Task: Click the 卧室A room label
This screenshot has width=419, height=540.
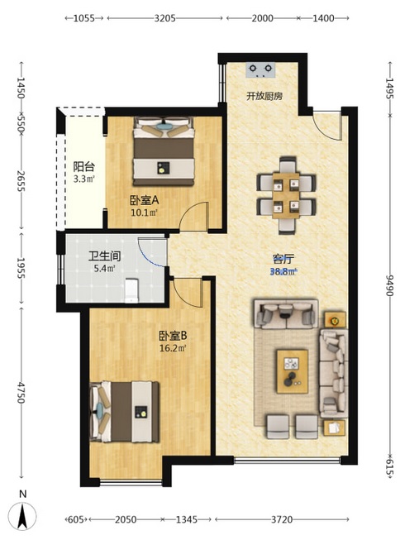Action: click(x=144, y=200)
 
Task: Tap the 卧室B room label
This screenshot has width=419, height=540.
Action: click(x=173, y=336)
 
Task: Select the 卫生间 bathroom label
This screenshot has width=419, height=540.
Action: click(x=104, y=256)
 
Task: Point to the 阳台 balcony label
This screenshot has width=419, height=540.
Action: click(x=83, y=167)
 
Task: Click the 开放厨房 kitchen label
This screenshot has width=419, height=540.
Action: click(x=264, y=96)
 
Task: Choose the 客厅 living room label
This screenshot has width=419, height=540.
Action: click(x=283, y=259)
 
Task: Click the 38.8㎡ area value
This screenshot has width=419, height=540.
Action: click(x=283, y=272)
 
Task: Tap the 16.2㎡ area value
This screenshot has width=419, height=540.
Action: click(x=173, y=348)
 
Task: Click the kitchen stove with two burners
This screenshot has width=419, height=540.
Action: click(x=260, y=69)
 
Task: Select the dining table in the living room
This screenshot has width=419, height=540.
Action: click(x=286, y=196)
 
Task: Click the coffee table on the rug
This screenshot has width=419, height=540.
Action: click(x=292, y=371)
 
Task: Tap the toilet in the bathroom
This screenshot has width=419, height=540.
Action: click(x=131, y=290)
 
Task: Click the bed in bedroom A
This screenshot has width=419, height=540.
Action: click(x=164, y=151)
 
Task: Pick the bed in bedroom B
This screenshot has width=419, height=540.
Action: click(x=124, y=411)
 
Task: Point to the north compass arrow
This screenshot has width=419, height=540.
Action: click(x=22, y=515)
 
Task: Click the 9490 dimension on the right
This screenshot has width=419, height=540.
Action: click(x=389, y=284)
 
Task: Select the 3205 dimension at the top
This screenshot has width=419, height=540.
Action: click(x=164, y=18)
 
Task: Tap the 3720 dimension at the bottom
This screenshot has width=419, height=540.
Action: click(x=282, y=519)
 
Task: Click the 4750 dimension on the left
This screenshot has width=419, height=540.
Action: click(x=21, y=393)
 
